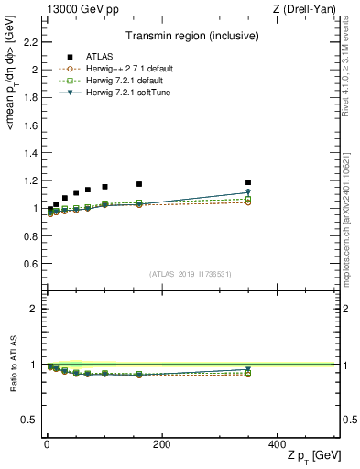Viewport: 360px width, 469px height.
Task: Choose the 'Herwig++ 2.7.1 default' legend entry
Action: pyautogui.click(x=124, y=69)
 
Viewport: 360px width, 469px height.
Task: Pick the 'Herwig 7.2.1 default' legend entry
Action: pyautogui.click(x=120, y=81)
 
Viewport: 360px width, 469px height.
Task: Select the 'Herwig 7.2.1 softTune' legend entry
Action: pyautogui.click(x=122, y=93)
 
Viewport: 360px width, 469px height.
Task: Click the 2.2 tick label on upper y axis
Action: pyautogui.click(x=28, y=43)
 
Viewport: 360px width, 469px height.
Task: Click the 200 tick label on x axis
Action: pyautogui.click(x=161, y=443)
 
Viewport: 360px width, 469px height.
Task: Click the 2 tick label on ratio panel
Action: pyautogui.click(x=33, y=309)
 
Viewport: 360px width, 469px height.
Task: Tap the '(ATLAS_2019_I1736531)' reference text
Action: pyautogui.click(x=191, y=275)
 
